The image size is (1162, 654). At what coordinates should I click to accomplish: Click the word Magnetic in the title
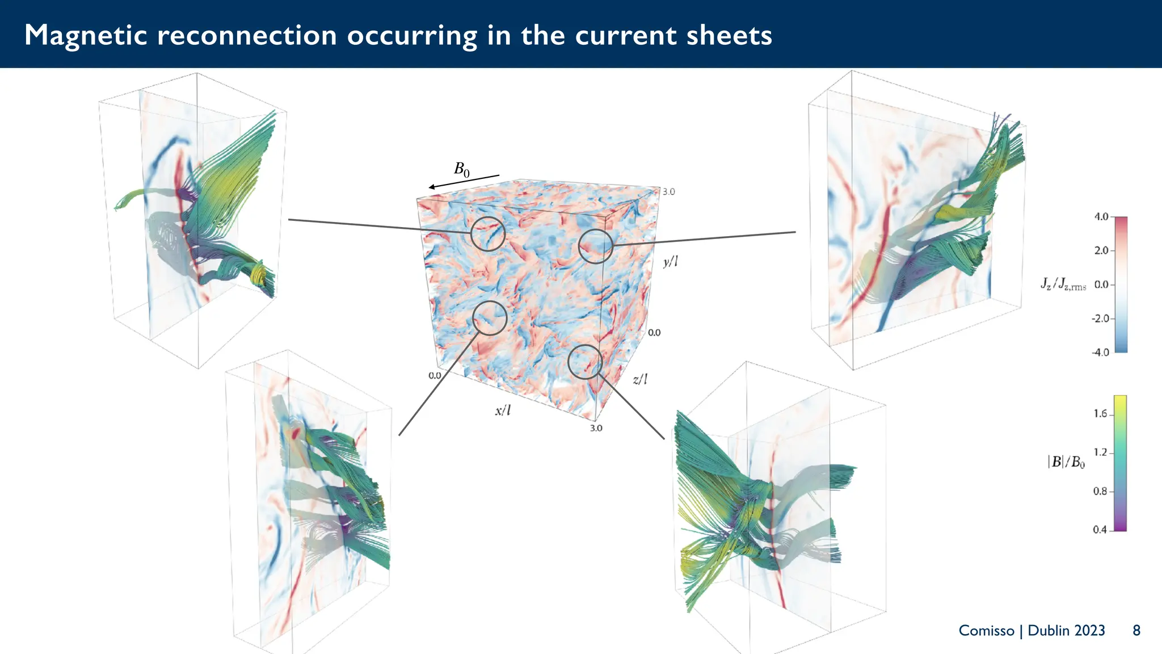click(x=86, y=35)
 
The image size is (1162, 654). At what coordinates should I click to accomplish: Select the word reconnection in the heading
click(x=247, y=35)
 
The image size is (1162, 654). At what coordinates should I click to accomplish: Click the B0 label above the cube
click(x=461, y=169)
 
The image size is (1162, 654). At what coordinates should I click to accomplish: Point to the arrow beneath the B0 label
click(x=464, y=182)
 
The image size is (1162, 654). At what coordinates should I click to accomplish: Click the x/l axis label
click(x=503, y=410)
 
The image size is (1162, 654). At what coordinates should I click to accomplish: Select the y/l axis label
click(x=670, y=262)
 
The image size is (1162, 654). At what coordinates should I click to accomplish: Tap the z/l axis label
click(x=639, y=379)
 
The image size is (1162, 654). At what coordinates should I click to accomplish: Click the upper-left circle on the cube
click(x=487, y=233)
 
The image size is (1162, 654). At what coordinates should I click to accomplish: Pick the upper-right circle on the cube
click(x=595, y=246)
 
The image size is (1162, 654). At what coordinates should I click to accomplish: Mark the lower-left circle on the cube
click(x=490, y=318)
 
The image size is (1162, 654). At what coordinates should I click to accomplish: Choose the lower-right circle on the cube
click(x=585, y=362)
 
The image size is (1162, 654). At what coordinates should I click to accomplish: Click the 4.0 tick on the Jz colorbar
click(x=1101, y=217)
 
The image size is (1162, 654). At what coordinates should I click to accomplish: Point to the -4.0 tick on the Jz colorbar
click(x=1100, y=353)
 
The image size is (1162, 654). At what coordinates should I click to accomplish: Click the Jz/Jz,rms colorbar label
click(x=1063, y=284)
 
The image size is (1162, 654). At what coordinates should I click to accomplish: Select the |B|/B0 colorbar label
click(x=1066, y=462)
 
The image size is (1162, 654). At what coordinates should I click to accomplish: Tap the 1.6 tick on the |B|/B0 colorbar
click(x=1100, y=414)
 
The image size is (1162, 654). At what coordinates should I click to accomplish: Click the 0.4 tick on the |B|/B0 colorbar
click(x=1100, y=530)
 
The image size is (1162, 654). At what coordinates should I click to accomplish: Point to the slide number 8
click(x=1136, y=631)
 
